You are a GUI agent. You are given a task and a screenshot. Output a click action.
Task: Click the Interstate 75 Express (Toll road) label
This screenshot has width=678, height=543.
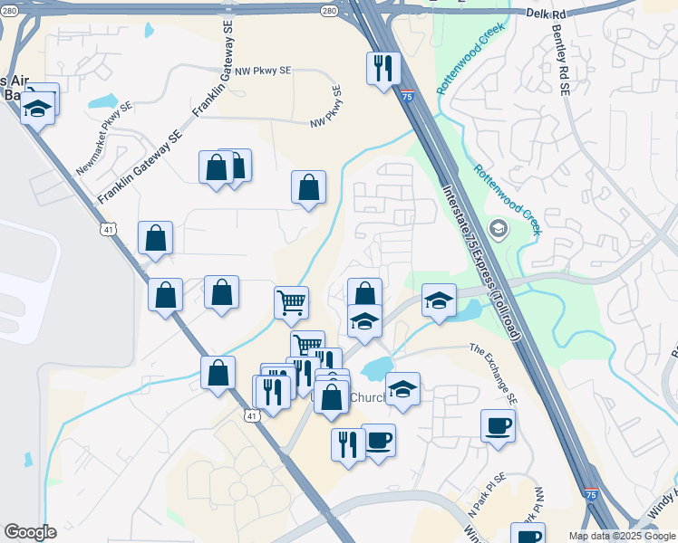479,262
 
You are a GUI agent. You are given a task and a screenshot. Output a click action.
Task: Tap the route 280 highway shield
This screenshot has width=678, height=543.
329,11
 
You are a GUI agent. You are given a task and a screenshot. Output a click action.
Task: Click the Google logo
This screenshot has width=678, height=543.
30,532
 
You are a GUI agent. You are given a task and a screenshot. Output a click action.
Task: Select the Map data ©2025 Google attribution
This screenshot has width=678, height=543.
621,536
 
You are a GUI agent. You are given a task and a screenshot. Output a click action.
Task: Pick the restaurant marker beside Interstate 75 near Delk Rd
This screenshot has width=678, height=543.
383,67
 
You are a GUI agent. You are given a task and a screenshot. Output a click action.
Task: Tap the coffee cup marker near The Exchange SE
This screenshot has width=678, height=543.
498,424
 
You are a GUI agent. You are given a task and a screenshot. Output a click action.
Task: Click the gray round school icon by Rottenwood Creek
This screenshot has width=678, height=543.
498,228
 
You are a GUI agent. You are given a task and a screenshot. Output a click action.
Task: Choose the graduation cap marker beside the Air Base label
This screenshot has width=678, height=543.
37,110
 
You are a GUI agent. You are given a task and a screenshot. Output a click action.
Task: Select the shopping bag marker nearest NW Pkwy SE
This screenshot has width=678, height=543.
308,186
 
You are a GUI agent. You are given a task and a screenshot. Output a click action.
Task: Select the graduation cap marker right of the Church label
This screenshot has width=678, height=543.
402,388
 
